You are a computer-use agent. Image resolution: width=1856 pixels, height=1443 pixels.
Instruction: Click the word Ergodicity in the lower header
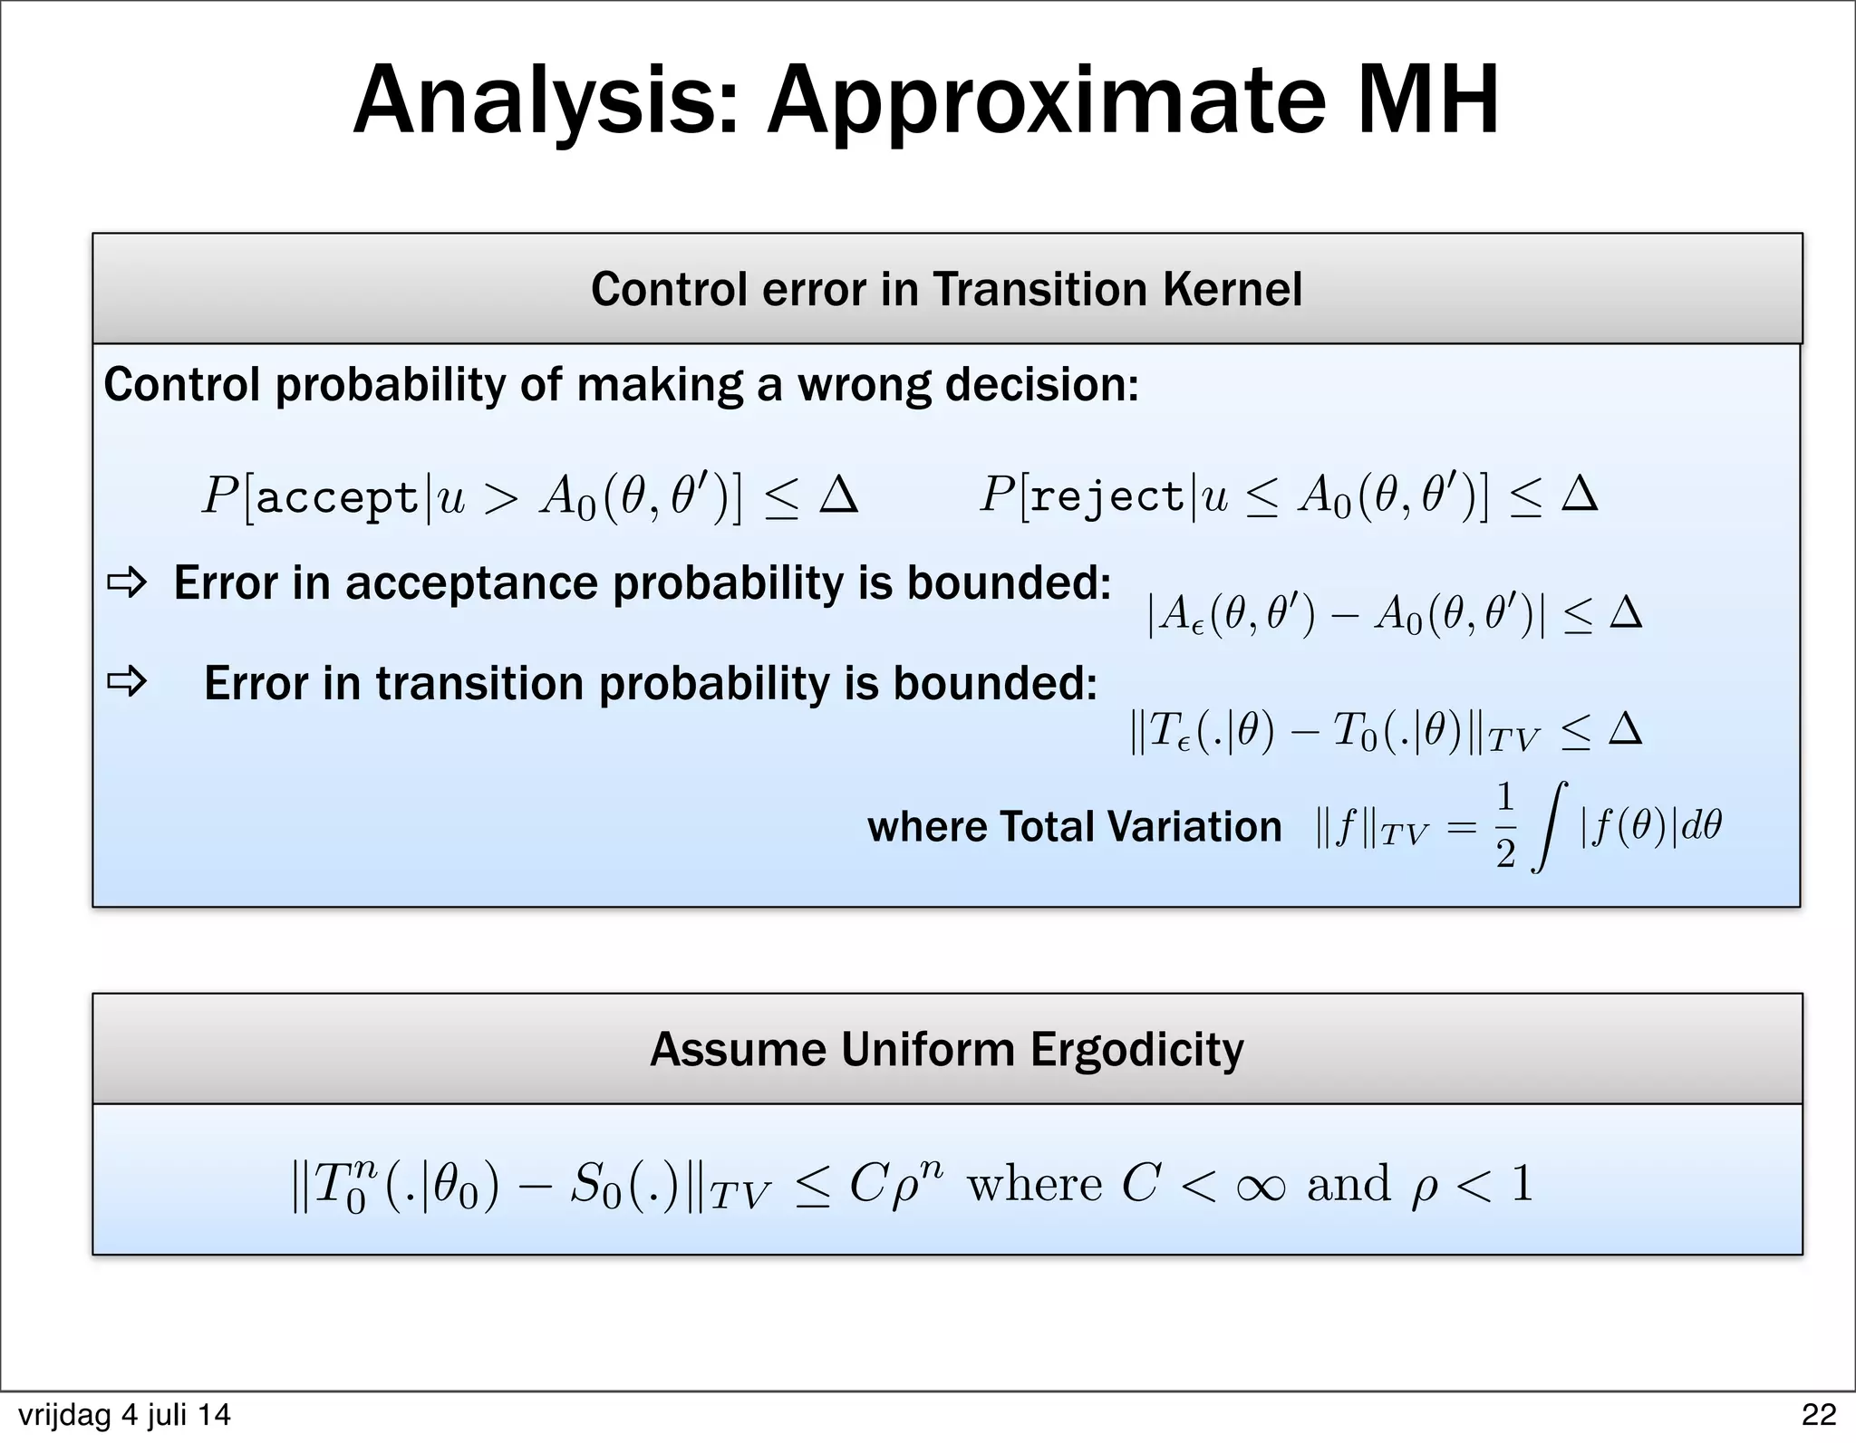[x=1136, y=1050]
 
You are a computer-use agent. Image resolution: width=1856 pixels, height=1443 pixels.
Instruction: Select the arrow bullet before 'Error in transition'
[x=127, y=682]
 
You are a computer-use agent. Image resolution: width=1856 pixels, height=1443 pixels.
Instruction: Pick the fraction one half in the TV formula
[x=1505, y=826]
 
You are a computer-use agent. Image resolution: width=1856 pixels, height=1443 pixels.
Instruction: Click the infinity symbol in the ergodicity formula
[x=1260, y=1185]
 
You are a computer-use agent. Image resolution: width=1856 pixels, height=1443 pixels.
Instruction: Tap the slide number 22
[x=1819, y=1414]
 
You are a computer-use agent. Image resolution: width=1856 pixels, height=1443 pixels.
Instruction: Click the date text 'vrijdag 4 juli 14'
[x=124, y=1414]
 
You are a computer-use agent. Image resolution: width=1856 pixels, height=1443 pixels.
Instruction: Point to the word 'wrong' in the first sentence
[x=864, y=385]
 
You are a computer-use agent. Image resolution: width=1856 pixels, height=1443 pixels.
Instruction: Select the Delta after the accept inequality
[x=838, y=495]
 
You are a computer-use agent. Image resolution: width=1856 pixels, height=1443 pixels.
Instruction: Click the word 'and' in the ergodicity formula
[x=1348, y=1184]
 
